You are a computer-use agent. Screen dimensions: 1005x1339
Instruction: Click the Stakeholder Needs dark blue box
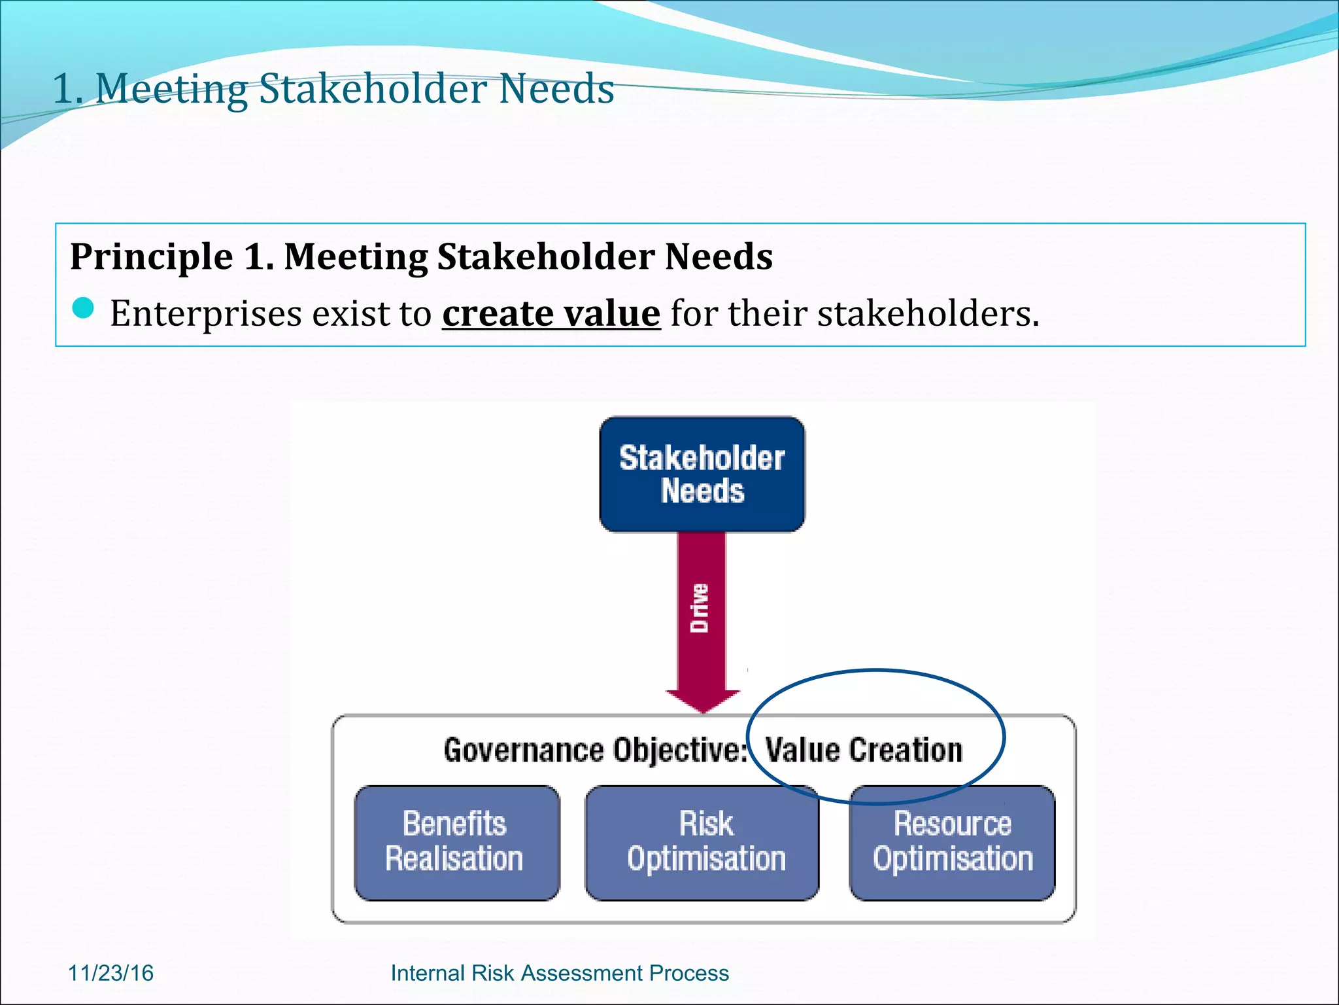(x=702, y=474)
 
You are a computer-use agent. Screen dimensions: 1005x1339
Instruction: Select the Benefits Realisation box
(x=456, y=842)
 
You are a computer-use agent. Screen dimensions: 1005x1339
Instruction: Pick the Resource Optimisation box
(x=952, y=842)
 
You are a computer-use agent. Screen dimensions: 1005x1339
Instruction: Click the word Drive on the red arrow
(x=700, y=608)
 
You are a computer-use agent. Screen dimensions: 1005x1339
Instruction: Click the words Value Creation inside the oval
(x=864, y=750)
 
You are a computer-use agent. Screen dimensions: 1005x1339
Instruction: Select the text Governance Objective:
(x=595, y=750)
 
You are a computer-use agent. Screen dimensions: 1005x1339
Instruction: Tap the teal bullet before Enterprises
(x=84, y=308)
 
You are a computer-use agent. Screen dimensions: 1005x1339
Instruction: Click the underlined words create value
(x=551, y=313)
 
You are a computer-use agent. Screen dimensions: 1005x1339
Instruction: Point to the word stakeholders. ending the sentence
(x=928, y=313)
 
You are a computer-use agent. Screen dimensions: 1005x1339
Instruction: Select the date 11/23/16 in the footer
(x=110, y=973)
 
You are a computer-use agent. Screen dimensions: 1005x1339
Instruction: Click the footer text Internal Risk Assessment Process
(x=559, y=973)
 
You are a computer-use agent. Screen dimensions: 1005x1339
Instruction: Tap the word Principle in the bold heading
(x=152, y=256)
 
